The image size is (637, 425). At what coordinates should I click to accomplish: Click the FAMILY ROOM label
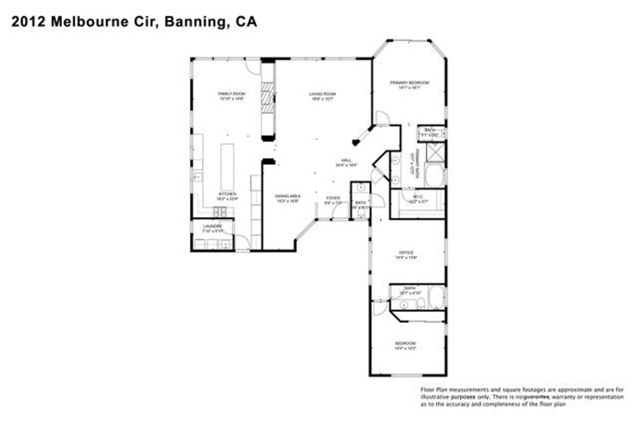(x=232, y=94)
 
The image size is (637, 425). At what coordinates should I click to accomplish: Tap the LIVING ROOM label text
(x=322, y=94)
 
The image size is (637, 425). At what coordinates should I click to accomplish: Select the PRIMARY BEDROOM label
(x=410, y=83)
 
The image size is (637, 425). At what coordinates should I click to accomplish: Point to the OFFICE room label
(x=406, y=252)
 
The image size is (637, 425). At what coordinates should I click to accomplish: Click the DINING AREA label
(x=288, y=196)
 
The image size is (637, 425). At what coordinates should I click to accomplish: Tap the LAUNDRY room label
(x=212, y=226)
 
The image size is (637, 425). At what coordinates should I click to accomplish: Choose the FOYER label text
(x=333, y=198)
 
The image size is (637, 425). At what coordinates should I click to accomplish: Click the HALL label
(x=346, y=160)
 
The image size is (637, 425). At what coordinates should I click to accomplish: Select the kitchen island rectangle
(x=227, y=167)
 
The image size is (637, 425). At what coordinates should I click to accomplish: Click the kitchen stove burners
(x=219, y=212)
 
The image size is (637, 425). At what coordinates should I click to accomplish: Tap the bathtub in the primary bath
(x=434, y=176)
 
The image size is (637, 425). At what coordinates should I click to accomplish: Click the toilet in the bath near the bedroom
(x=421, y=304)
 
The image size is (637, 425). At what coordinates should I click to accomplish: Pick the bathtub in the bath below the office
(x=436, y=298)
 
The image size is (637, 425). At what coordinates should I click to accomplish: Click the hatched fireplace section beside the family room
(x=268, y=97)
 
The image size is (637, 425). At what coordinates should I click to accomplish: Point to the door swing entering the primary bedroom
(x=382, y=118)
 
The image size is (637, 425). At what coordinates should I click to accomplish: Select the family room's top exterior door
(x=253, y=66)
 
